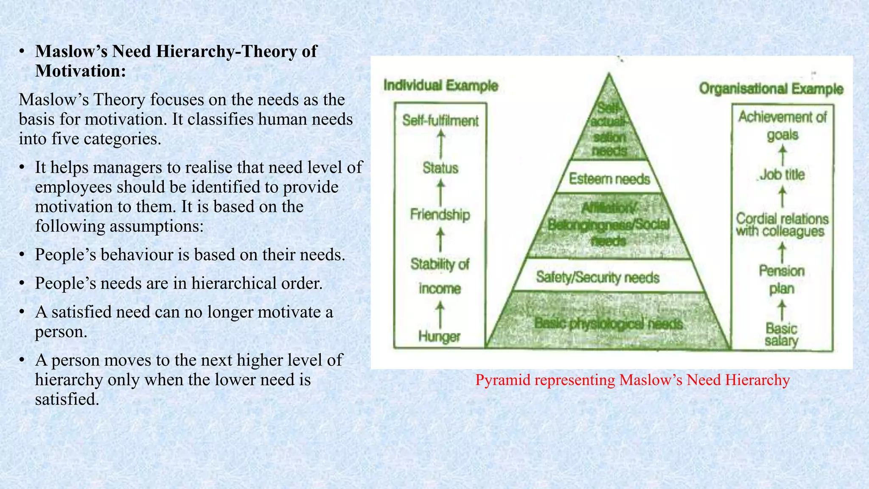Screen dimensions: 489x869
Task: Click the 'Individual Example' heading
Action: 440,85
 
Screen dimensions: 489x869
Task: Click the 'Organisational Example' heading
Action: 771,89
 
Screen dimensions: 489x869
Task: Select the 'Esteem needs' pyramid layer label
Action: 609,179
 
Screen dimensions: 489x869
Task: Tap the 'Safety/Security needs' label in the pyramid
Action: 597,277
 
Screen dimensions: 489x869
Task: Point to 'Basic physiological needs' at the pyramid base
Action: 608,324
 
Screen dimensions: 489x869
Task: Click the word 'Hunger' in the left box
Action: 439,336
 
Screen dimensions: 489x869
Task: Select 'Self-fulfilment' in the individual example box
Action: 440,121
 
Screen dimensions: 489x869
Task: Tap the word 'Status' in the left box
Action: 440,168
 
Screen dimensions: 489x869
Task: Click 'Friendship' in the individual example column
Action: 440,214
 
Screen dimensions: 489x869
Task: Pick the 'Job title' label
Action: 782,174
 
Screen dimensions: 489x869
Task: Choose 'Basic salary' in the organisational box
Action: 781,334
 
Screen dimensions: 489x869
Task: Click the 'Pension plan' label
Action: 782,279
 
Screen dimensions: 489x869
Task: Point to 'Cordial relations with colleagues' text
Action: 782,225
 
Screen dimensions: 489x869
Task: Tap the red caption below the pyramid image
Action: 632,379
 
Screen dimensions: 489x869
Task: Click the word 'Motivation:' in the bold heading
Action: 81,71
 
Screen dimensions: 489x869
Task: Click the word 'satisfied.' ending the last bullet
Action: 67,399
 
